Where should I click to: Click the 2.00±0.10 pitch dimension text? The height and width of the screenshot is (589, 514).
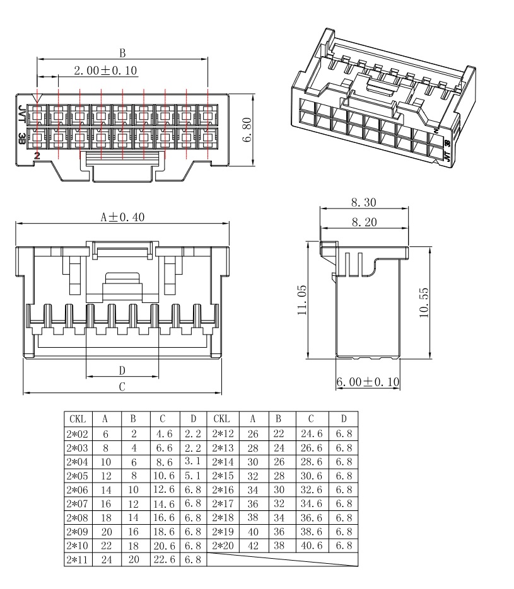coord(106,71)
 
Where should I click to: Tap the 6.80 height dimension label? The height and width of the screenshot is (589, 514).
coord(247,130)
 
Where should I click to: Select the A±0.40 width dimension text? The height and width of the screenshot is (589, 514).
coord(122,217)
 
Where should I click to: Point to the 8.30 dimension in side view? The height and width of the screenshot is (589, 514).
coord(364,202)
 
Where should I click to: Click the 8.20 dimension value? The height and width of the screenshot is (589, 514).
coord(364,222)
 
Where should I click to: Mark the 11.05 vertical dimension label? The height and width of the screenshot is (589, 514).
coord(302,300)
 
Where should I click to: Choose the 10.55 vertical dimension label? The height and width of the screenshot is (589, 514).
coord(424,302)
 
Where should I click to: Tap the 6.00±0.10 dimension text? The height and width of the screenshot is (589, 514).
coord(368,382)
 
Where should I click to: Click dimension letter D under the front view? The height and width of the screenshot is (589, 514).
coord(122,371)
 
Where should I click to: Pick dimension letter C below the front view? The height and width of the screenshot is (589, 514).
coord(122,387)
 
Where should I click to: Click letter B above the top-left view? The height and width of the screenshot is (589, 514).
coord(122,54)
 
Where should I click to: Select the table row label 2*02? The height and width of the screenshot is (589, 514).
coord(77,434)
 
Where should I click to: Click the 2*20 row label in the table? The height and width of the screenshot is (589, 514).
coord(223,546)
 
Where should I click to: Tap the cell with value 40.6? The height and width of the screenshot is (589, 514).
coord(312,546)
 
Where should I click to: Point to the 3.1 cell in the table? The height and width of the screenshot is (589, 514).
coord(193,461)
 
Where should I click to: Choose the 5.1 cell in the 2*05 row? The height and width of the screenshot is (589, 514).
coord(193,476)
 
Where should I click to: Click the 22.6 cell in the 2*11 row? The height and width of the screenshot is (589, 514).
coord(165,559)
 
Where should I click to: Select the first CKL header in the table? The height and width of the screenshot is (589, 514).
coord(78,419)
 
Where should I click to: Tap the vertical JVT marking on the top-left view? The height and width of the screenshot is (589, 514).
coord(21,114)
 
